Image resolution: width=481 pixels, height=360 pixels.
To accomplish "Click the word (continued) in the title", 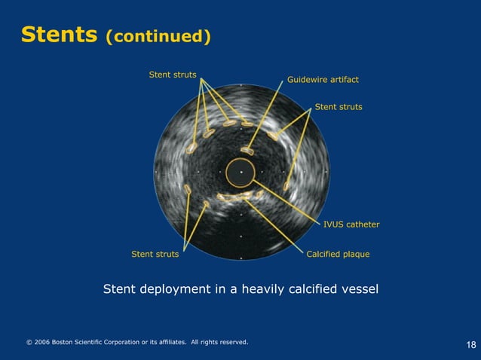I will point(158,36).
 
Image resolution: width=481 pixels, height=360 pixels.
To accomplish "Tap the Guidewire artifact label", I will point(323,79).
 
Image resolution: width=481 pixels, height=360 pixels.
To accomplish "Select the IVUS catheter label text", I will point(351,224).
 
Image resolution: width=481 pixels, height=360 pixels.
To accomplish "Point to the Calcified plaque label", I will point(338,254).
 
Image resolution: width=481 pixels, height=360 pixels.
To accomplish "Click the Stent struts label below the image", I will point(155,254).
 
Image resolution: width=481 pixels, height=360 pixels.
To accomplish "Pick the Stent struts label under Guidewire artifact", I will point(339,107).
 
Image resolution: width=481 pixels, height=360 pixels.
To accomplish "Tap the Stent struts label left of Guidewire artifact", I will point(173,75).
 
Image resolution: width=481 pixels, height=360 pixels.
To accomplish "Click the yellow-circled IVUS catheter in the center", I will point(240,172).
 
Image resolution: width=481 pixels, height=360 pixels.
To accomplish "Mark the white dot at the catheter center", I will point(240,172).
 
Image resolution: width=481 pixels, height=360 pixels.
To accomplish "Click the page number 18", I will point(471,345).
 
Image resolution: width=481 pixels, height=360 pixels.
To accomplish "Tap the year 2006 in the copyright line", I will point(42,342).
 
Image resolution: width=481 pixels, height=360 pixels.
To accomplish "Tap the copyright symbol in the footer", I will point(29,342).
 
